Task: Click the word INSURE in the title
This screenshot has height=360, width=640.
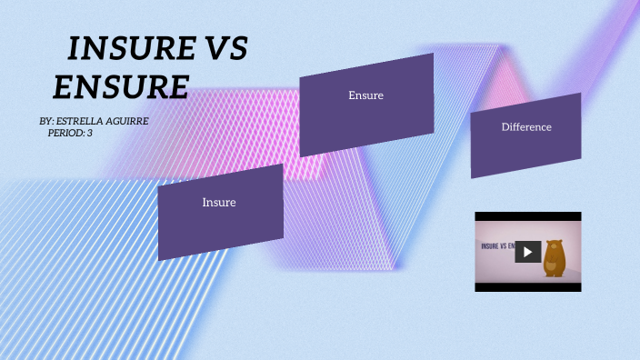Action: [x=126, y=49]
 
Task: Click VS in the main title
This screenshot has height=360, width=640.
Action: [x=223, y=49]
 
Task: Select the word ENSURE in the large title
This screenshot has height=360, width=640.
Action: [x=120, y=86]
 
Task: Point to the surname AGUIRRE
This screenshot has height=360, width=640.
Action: [x=128, y=121]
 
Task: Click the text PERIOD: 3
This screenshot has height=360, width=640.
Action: [x=69, y=133]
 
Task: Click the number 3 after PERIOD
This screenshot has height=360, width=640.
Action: [x=89, y=133]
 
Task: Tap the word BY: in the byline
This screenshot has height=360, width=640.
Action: [x=47, y=121]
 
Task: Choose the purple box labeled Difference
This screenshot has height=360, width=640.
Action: [x=525, y=135]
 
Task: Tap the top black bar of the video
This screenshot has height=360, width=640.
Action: [x=527, y=216]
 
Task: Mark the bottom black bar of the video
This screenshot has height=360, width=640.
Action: [x=527, y=286]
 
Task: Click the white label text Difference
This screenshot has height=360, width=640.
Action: [x=526, y=127]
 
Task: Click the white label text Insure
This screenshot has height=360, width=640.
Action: [x=219, y=203]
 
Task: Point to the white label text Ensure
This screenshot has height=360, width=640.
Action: [x=366, y=95]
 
